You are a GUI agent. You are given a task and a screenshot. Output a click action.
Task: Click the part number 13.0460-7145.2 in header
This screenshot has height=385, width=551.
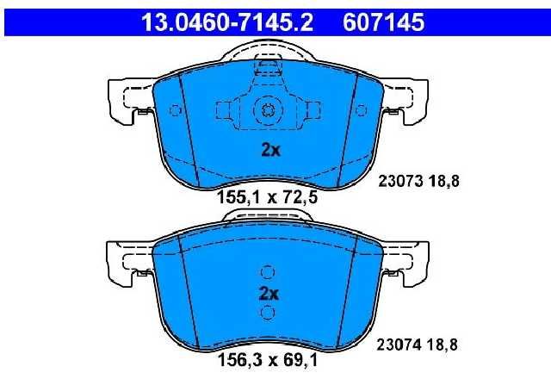[226, 22]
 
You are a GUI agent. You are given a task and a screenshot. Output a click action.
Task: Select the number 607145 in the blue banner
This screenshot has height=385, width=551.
[383, 22]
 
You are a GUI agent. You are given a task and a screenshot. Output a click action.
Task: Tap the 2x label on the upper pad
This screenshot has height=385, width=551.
[270, 150]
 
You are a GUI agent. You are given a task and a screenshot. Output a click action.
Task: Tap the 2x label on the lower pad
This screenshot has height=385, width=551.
[269, 293]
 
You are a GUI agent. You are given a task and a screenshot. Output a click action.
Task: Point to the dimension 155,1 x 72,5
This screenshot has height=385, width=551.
[268, 197]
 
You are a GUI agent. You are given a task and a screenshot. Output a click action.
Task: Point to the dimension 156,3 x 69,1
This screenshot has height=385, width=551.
[268, 360]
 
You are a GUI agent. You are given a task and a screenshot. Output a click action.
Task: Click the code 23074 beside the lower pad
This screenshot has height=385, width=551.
[399, 345]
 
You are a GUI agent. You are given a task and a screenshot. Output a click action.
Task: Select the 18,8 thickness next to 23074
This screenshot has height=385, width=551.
[443, 345]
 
